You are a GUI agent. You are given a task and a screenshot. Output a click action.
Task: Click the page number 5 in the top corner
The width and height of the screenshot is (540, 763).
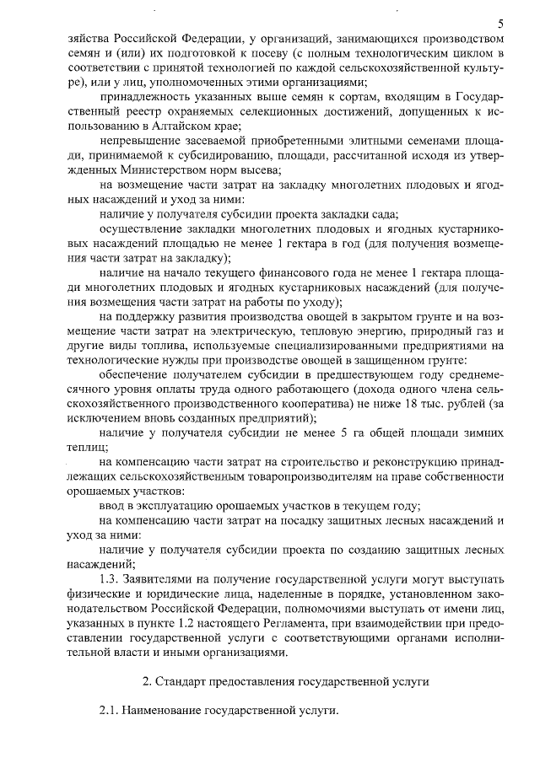[x=500, y=23]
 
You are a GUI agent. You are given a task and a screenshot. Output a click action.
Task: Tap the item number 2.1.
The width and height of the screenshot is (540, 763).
[x=109, y=712]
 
